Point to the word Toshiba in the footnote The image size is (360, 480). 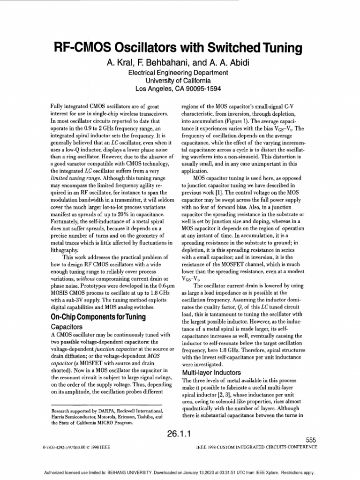148,416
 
